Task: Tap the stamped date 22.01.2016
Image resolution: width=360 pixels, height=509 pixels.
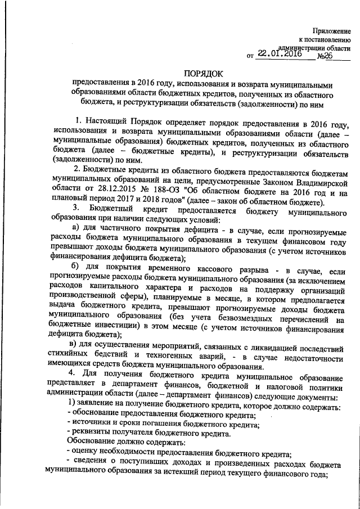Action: coord(280,55)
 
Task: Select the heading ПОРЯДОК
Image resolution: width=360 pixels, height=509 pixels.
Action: coord(204,73)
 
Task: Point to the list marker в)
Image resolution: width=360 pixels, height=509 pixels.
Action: coord(73,343)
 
